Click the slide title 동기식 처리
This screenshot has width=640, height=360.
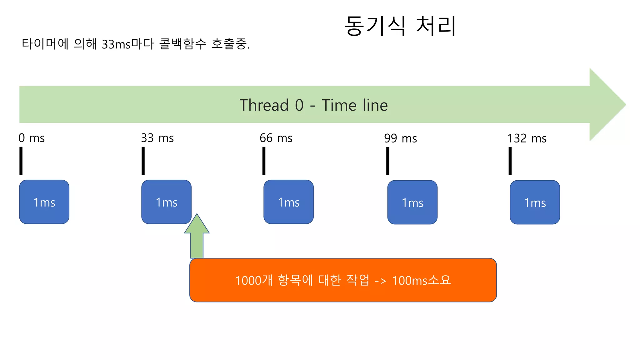click(x=400, y=26)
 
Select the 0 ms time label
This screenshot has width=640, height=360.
click(x=32, y=138)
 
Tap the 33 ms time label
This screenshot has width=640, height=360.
click(x=157, y=138)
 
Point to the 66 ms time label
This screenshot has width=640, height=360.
click(x=276, y=138)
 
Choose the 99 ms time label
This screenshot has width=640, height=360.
click(x=400, y=138)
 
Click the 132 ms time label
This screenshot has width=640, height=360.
click(x=527, y=138)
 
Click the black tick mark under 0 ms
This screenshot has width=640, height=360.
click(x=21, y=161)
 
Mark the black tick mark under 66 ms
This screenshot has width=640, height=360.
click(x=264, y=161)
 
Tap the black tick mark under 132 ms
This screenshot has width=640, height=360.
click(x=510, y=161)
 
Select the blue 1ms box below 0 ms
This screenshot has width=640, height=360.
click(x=44, y=202)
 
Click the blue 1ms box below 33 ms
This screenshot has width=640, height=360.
click(x=166, y=202)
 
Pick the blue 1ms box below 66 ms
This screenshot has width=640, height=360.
click(x=288, y=202)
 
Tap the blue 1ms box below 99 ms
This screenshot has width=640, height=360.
click(x=412, y=202)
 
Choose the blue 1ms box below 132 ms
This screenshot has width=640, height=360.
click(x=535, y=202)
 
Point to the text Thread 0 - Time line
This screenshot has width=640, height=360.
click(x=313, y=105)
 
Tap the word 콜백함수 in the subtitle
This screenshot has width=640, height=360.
click(x=183, y=44)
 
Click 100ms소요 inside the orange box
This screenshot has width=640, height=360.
click(x=422, y=280)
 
